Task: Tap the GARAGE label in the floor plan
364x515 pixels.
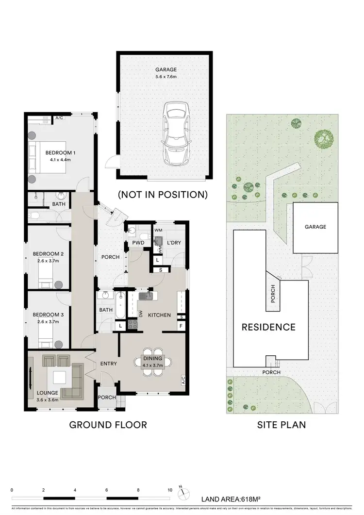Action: tap(165, 69)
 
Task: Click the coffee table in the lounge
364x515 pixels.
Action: tap(61, 378)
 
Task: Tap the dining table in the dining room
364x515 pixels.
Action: tap(152, 362)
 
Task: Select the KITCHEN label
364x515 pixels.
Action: tap(159, 315)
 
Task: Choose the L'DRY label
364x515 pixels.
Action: tap(173, 242)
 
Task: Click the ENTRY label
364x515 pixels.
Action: tap(108, 363)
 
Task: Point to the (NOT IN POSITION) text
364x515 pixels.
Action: tap(163, 195)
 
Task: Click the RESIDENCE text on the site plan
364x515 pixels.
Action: tap(268, 327)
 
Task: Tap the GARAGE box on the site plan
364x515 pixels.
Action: tap(315, 227)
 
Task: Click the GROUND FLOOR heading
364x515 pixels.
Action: tap(108, 425)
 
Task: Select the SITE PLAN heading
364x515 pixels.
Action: tap(281, 425)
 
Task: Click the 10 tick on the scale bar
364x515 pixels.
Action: tap(170, 490)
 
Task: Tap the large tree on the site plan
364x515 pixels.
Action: tap(324, 139)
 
